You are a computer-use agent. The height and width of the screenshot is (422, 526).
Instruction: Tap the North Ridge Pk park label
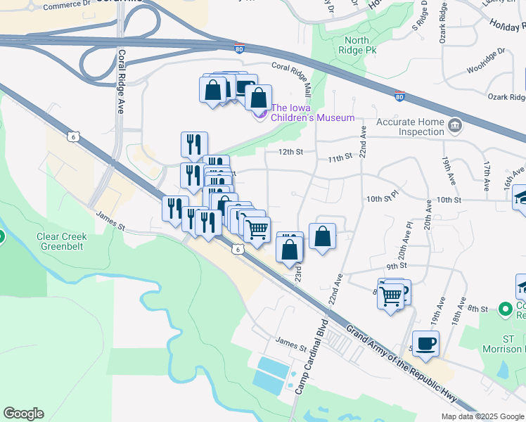(x=357, y=46)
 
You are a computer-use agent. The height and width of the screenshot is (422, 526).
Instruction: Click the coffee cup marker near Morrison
(x=425, y=344)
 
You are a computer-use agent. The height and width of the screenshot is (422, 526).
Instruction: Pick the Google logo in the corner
(x=23, y=414)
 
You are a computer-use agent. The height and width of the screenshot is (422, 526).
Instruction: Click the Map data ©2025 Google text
(x=482, y=416)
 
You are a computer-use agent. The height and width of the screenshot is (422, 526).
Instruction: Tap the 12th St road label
(x=290, y=151)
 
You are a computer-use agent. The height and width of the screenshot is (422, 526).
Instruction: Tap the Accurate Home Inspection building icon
(x=456, y=125)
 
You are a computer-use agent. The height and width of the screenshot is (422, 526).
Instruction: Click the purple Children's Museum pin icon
(x=260, y=113)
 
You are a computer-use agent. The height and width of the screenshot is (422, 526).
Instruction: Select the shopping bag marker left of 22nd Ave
(x=322, y=237)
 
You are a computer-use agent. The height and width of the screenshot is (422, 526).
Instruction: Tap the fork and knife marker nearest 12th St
(x=193, y=144)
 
